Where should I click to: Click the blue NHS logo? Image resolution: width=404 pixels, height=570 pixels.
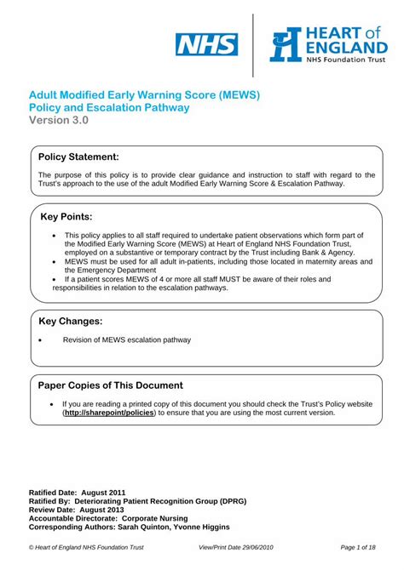tap(206, 43)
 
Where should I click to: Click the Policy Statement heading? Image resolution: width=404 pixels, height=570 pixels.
tap(79, 157)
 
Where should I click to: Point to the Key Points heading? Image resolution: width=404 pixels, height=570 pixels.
tap(66, 217)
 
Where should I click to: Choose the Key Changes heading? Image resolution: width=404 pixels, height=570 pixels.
tap(71, 321)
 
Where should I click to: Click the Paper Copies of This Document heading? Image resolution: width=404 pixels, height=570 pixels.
tap(111, 385)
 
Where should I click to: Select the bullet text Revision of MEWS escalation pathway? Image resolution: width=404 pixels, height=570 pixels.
tap(127, 340)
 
